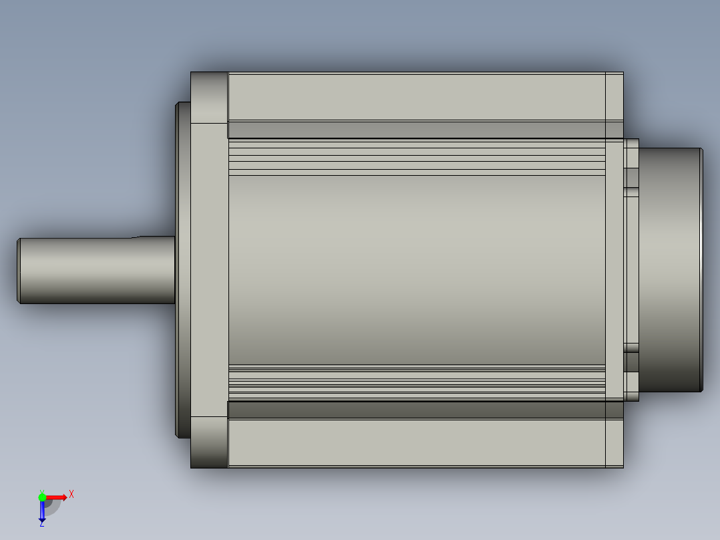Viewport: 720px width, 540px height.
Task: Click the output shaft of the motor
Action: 96,270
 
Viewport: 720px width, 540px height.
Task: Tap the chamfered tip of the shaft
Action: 19,271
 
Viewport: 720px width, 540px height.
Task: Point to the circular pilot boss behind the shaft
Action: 183,270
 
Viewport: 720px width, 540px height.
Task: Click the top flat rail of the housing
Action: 417,96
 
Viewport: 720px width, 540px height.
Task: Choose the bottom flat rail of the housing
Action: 417,443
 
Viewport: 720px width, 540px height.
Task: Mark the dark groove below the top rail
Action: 417,130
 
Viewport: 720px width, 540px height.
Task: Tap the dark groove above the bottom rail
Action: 417,410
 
